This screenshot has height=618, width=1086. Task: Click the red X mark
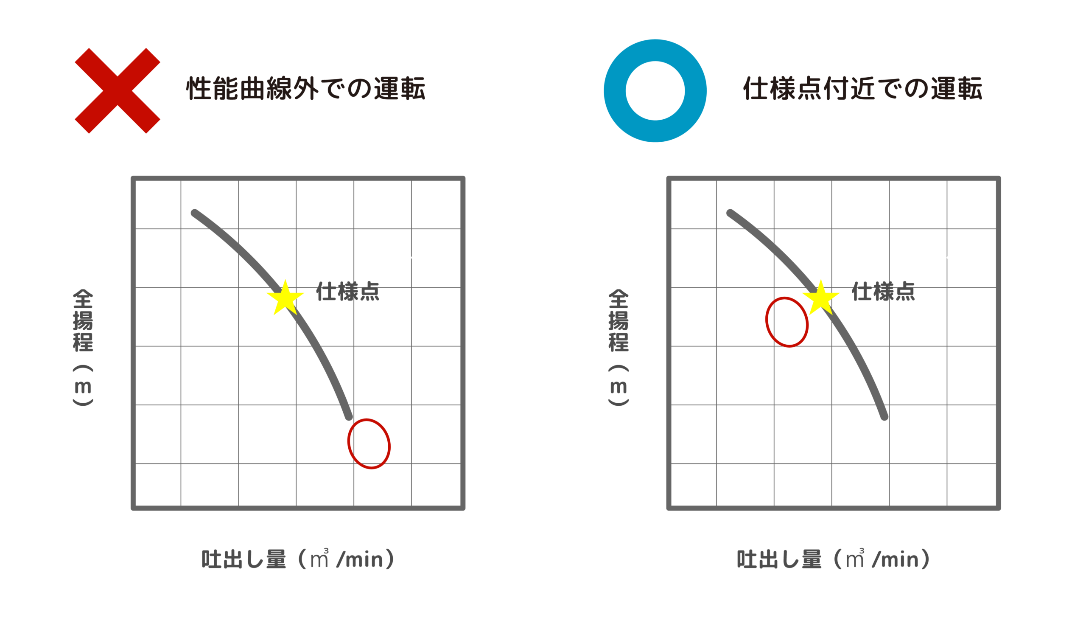(x=118, y=90)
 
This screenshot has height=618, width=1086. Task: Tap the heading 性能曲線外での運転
(x=305, y=89)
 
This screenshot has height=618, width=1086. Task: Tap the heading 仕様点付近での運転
(x=862, y=89)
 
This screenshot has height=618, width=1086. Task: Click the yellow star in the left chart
(x=285, y=298)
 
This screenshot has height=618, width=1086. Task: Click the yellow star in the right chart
(x=821, y=298)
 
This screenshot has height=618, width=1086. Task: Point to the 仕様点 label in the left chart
(x=348, y=292)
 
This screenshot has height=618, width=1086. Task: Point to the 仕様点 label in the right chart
(x=884, y=292)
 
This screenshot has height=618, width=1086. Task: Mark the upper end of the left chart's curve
(x=195, y=213)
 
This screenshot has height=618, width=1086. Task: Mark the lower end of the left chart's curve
(x=349, y=417)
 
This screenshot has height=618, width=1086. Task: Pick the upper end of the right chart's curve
(x=730, y=213)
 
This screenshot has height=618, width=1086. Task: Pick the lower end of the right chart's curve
(x=884, y=417)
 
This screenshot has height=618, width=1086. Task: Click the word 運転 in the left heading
(x=399, y=89)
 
